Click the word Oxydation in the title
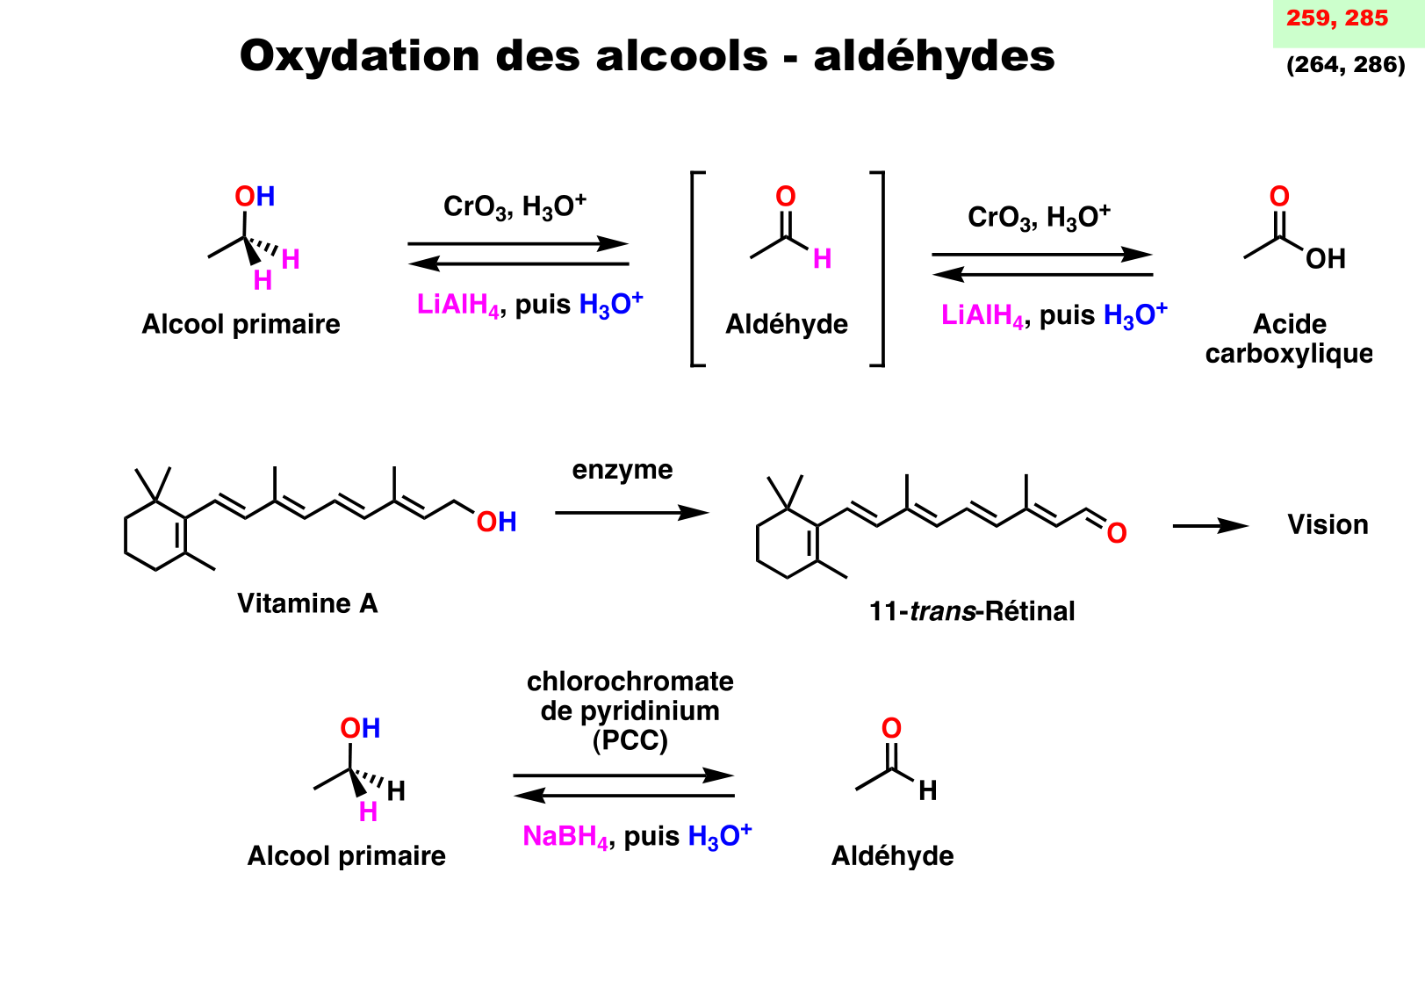tap(359, 56)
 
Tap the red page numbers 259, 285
tap(1336, 18)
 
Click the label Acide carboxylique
tap(1289, 339)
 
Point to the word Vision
tap(1328, 525)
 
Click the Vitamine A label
tap(307, 604)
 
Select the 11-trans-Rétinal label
tap(971, 611)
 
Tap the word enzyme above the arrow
tap(623, 471)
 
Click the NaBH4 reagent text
tap(565, 837)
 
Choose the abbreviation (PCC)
tap(630, 741)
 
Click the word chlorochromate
tap(630, 682)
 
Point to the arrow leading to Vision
tap(1210, 526)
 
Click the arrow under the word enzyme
tap(631, 513)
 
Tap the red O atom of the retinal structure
tap(1116, 533)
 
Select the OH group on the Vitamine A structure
tap(496, 523)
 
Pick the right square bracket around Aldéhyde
tap(879, 269)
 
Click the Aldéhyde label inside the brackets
tap(787, 325)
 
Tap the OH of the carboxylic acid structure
tap(1325, 259)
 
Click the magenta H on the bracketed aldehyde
tap(822, 259)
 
